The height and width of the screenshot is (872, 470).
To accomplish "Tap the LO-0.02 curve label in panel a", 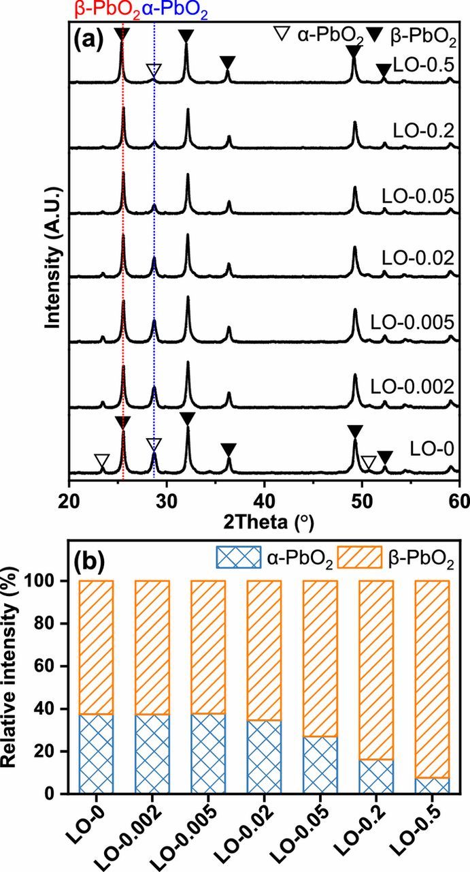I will (x=417, y=258).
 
